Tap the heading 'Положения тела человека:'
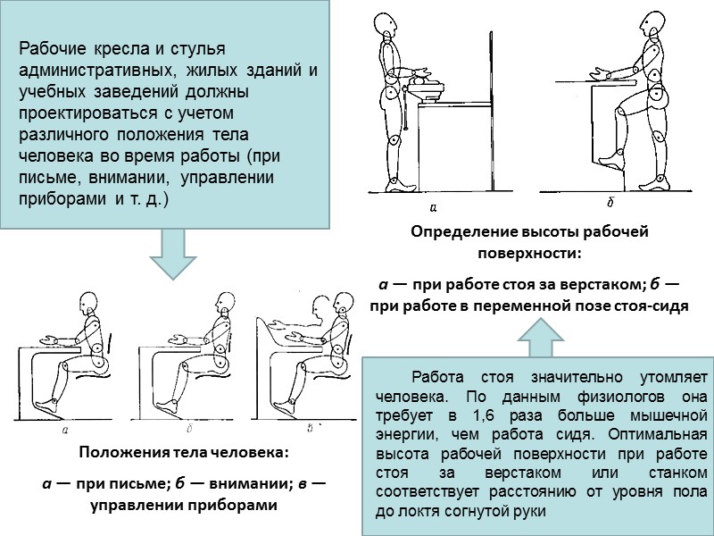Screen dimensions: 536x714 (184, 453)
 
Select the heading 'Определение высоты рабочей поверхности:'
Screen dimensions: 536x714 (528, 241)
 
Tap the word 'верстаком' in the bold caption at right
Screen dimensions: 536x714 (601, 285)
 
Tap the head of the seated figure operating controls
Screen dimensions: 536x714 (340, 306)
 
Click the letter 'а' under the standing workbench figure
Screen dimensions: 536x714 (432, 208)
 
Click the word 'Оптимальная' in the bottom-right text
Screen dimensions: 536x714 (659, 434)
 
